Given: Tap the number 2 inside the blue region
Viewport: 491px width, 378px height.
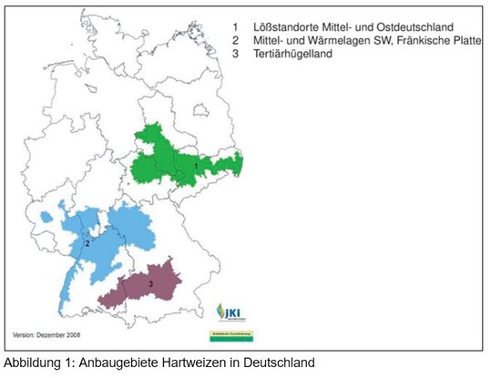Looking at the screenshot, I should [x=87, y=243].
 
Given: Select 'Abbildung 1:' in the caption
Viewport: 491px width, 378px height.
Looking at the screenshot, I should [x=34, y=363].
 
